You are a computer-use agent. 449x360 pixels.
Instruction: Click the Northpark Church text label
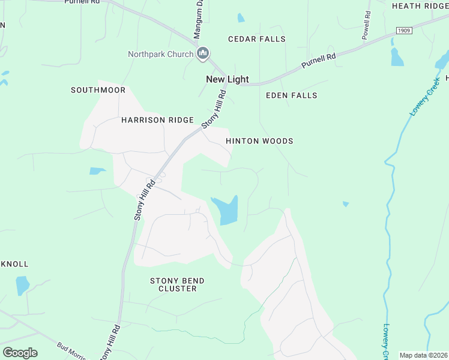(160, 54)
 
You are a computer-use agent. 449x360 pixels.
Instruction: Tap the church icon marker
(203, 54)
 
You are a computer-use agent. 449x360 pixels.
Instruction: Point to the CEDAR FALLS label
(257, 39)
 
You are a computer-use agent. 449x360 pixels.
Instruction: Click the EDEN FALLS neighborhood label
(291, 95)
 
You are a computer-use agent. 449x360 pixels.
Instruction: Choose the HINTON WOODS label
(259, 141)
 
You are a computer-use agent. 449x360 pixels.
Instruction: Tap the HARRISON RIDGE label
(149, 120)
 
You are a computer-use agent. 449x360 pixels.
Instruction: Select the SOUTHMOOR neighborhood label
(98, 90)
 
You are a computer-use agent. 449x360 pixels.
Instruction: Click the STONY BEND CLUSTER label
(177, 284)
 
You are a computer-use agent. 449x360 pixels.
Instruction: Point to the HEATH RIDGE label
(420, 6)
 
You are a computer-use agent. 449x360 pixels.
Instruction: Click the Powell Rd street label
(366, 25)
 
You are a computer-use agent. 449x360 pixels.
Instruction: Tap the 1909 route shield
(404, 30)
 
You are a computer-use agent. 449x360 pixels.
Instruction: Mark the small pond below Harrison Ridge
(97, 171)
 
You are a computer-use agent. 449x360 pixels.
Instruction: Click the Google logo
(20, 353)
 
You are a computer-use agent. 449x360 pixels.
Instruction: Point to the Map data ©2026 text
(423, 355)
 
